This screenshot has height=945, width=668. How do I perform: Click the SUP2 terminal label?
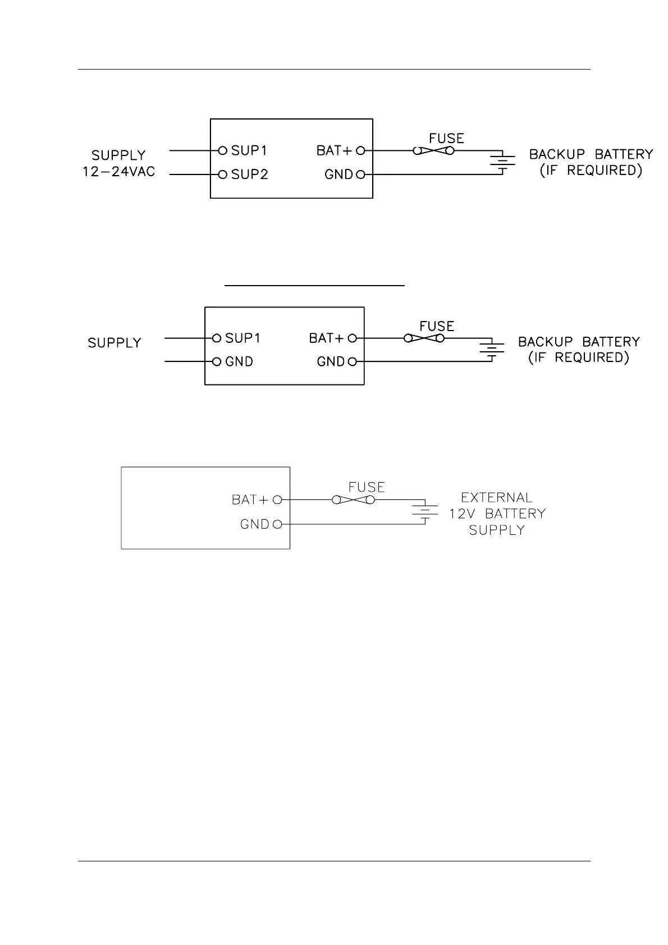click(x=250, y=175)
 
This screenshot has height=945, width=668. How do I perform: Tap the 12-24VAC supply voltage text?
click(x=118, y=172)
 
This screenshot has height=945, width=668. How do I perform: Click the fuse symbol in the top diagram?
click(x=433, y=150)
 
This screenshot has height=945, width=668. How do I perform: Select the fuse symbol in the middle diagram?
click(x=424, y=338)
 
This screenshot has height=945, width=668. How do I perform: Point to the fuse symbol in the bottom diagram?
click(x=353, y=499)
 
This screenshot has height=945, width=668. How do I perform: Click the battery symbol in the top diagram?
click(x=502, y=162)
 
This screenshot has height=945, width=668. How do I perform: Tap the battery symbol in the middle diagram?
click(x=492, y=350)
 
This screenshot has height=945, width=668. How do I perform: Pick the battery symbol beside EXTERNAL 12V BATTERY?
click(x=425, y=512)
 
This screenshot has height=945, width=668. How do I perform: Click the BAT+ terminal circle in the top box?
click(x=361, y=150)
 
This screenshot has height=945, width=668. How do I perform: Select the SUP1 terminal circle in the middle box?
click(x=216, y=338)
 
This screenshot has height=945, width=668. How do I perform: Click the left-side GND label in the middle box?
click(x=239, y=362)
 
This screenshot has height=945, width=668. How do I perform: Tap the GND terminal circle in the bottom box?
click(x=277, y=525)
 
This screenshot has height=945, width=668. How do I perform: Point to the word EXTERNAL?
click(x=496, y=498)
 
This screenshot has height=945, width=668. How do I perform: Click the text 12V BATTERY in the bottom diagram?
click(x=497, y=513)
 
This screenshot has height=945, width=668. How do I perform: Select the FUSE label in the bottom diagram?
click(x=367, y=487)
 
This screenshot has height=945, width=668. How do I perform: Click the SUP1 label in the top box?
click(x=249, y=150)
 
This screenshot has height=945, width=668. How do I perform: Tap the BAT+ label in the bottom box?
click(x=250, y=499)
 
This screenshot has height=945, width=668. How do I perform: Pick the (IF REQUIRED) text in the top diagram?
click(x=591, y=170)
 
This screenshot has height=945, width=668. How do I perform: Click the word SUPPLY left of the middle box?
click(x=115, y=343)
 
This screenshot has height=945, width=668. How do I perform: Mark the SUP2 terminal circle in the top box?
click(x=222, y=175)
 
